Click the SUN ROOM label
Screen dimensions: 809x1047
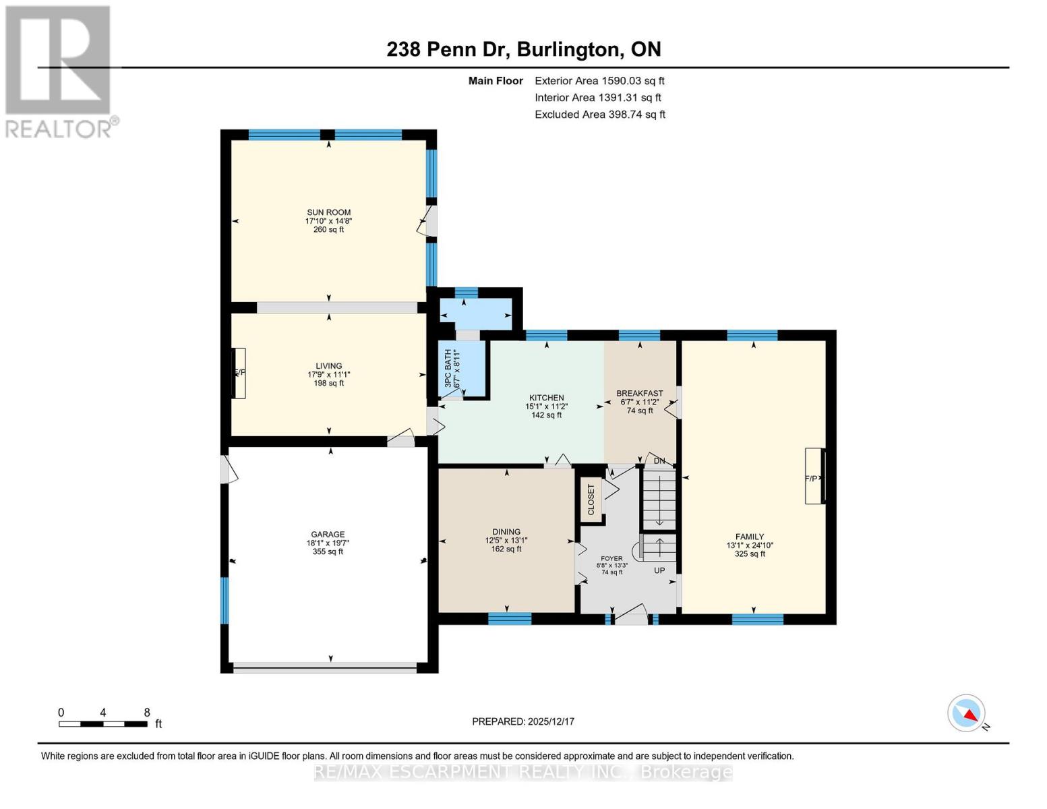(x=328, y=212)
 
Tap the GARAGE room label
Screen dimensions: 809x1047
(x=328, y=534)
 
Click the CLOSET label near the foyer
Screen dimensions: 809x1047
(x=591, y=500)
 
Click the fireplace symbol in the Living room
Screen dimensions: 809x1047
(x=239, y=373)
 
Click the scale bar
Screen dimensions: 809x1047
(x=102, y=724)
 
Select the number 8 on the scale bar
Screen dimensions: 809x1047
(x=146, y=713)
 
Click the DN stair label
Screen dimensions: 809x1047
(x=659, y=461)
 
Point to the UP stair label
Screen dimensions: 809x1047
(x=659, y=570)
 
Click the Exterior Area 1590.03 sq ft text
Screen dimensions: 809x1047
(x=599, y=81)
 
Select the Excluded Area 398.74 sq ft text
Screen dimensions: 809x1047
(x=599, y=115)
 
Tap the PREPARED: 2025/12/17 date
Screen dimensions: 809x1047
(x=523, y=721)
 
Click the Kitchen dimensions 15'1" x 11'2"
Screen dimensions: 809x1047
(x=546, y=407)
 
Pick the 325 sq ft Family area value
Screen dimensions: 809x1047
(x=749, y=554)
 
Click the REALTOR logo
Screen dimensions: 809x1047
(x=59, y=71)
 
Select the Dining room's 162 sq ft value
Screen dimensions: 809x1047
(x=506, y=549)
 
